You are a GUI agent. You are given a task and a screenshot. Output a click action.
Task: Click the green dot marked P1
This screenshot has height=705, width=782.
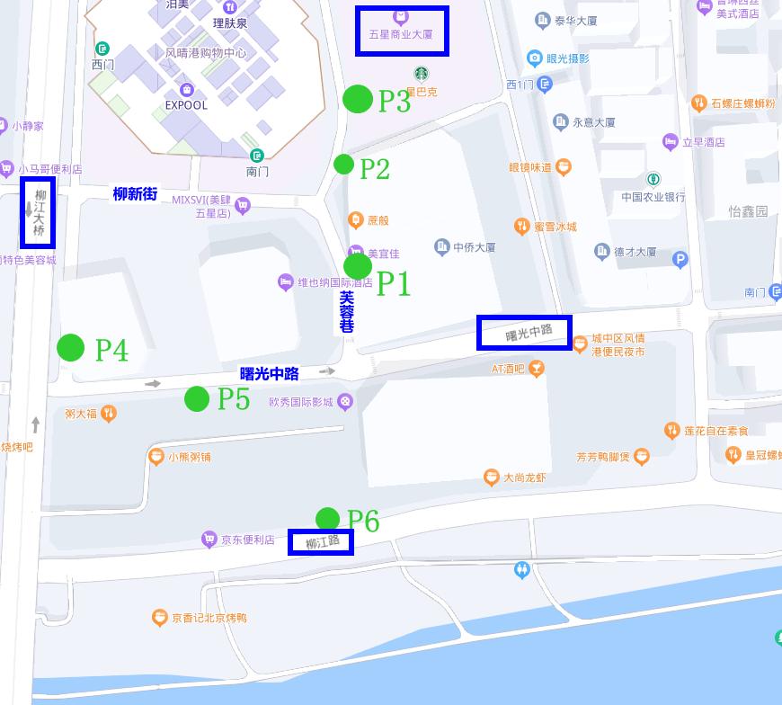click(358, 266)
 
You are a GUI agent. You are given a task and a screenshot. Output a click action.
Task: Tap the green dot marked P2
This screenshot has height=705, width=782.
click(343, 165)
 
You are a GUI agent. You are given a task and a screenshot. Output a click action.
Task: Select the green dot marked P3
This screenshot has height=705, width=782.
click(358, 98)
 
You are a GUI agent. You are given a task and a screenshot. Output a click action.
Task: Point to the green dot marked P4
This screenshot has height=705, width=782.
click(71, 347)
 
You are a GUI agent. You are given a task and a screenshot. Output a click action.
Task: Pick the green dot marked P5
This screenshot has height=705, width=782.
click(197, 398)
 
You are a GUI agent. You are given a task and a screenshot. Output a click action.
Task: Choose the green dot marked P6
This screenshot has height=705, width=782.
click(327, 519)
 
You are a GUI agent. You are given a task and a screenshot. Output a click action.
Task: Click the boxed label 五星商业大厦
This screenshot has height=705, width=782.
click(401, 31)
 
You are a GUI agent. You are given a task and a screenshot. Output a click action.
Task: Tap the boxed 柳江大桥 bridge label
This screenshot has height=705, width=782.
click(39, 212)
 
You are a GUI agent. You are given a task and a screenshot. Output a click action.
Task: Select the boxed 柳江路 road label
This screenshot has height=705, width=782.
click(321, 541)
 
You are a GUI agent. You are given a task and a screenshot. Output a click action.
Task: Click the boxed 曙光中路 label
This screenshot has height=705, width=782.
click(524, 333)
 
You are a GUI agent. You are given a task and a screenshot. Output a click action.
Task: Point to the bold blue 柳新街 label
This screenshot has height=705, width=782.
click(135, 193)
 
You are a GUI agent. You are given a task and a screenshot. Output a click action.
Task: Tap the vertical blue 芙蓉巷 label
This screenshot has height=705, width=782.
click(347, 311)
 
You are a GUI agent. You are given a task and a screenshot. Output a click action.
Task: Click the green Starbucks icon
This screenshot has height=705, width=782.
click(421, 74)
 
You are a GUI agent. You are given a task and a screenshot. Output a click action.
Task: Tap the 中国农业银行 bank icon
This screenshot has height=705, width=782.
click(653, 179)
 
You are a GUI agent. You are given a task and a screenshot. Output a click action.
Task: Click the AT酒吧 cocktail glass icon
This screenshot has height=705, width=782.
click(537, 368)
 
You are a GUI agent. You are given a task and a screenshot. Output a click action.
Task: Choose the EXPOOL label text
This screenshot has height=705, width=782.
click(186, 105)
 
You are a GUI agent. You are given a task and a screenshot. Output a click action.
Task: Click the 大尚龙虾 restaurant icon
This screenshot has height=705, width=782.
click(491, 477)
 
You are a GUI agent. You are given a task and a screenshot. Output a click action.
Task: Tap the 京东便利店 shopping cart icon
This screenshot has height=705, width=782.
click(209, 540)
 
